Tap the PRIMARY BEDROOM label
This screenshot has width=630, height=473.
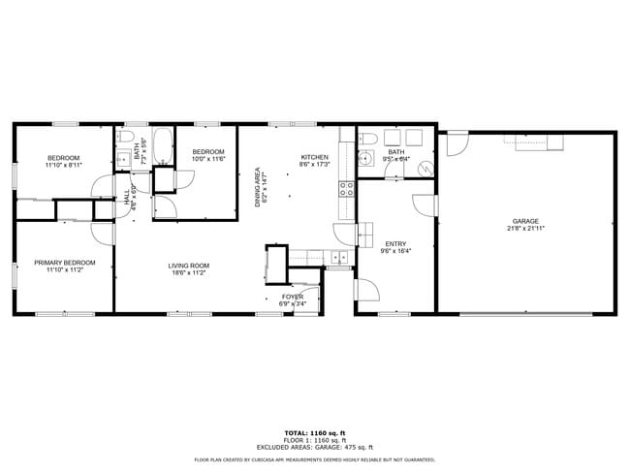(x=65, y=263)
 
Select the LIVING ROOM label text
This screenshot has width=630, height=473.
(x=189, y=266)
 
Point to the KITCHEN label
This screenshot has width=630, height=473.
(x=314, y=157)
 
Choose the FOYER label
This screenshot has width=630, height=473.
(x=292, y=297)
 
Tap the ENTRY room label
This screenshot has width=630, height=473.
(x=395, y=244)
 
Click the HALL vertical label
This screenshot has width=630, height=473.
(x=126, y=198)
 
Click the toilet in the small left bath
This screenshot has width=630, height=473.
(x=123, y=161)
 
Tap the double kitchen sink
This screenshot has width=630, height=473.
(x=339, y=257)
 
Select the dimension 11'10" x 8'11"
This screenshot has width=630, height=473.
(x=64, y=165)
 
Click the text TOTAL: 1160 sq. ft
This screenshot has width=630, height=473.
(x=314, y=431)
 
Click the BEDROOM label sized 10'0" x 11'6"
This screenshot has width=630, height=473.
(x=208, y=152)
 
